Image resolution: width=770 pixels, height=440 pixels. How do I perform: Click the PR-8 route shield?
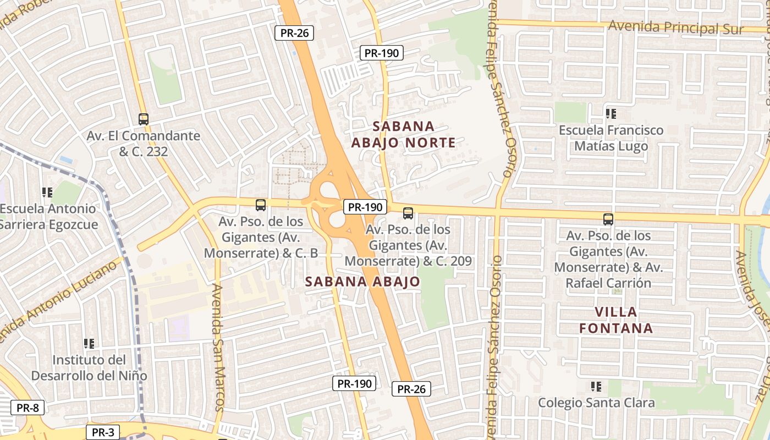27,408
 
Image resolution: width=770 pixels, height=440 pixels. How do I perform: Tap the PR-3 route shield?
103,432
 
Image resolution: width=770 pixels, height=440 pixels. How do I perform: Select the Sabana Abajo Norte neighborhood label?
403,135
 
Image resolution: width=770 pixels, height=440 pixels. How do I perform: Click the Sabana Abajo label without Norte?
362,282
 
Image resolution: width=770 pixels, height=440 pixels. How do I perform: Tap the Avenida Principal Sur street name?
676,27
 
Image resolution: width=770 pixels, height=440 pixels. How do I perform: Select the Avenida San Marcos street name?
218,347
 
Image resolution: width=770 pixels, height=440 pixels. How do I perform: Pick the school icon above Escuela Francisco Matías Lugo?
610,114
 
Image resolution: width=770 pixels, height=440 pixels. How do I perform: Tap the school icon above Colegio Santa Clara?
596,387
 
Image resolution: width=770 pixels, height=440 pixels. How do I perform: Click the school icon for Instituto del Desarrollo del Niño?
89,344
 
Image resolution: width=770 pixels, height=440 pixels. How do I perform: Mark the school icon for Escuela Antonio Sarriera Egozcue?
47,193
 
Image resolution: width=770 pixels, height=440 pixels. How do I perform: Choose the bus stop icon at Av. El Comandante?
144,119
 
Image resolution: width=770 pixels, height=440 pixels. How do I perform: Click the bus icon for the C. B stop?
261,205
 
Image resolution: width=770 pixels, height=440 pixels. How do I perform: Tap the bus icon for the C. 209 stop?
408,213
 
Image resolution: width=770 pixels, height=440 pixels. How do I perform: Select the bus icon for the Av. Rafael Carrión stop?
608,219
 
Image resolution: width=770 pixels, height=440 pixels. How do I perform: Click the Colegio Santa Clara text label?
596,403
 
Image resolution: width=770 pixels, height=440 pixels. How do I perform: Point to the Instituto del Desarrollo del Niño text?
89,368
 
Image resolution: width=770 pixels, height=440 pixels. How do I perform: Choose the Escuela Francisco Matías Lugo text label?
611,138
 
